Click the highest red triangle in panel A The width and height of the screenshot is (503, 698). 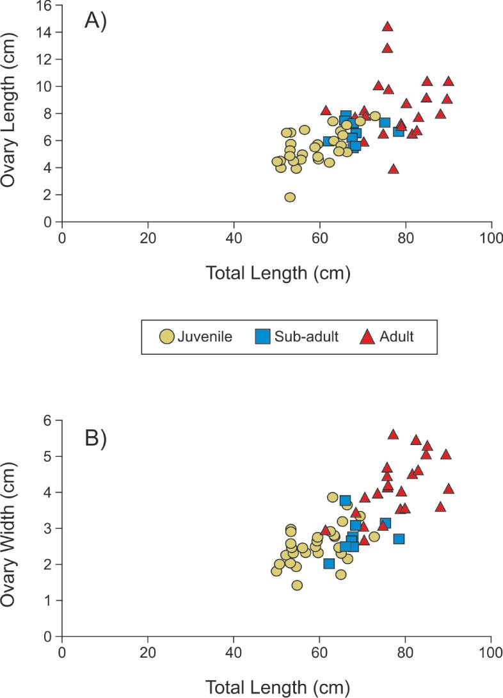click(387, 26)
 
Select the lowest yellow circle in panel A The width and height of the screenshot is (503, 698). click(290, 197)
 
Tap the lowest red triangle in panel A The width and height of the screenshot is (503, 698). click(394, 169)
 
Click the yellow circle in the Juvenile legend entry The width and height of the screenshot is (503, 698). click(167, 336)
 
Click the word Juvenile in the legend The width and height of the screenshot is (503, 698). click(205, 336)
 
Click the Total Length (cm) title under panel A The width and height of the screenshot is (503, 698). click(278, 273)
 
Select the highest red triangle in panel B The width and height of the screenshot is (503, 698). click(394, 434)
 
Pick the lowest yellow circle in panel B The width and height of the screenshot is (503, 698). click(297, 585)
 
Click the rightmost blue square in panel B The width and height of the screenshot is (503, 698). click(398, 539)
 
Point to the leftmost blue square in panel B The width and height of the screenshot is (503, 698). click(329, 564)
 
